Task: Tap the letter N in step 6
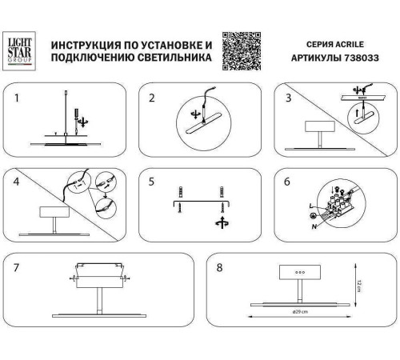[314, 226]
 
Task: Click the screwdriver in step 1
[74, 121]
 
